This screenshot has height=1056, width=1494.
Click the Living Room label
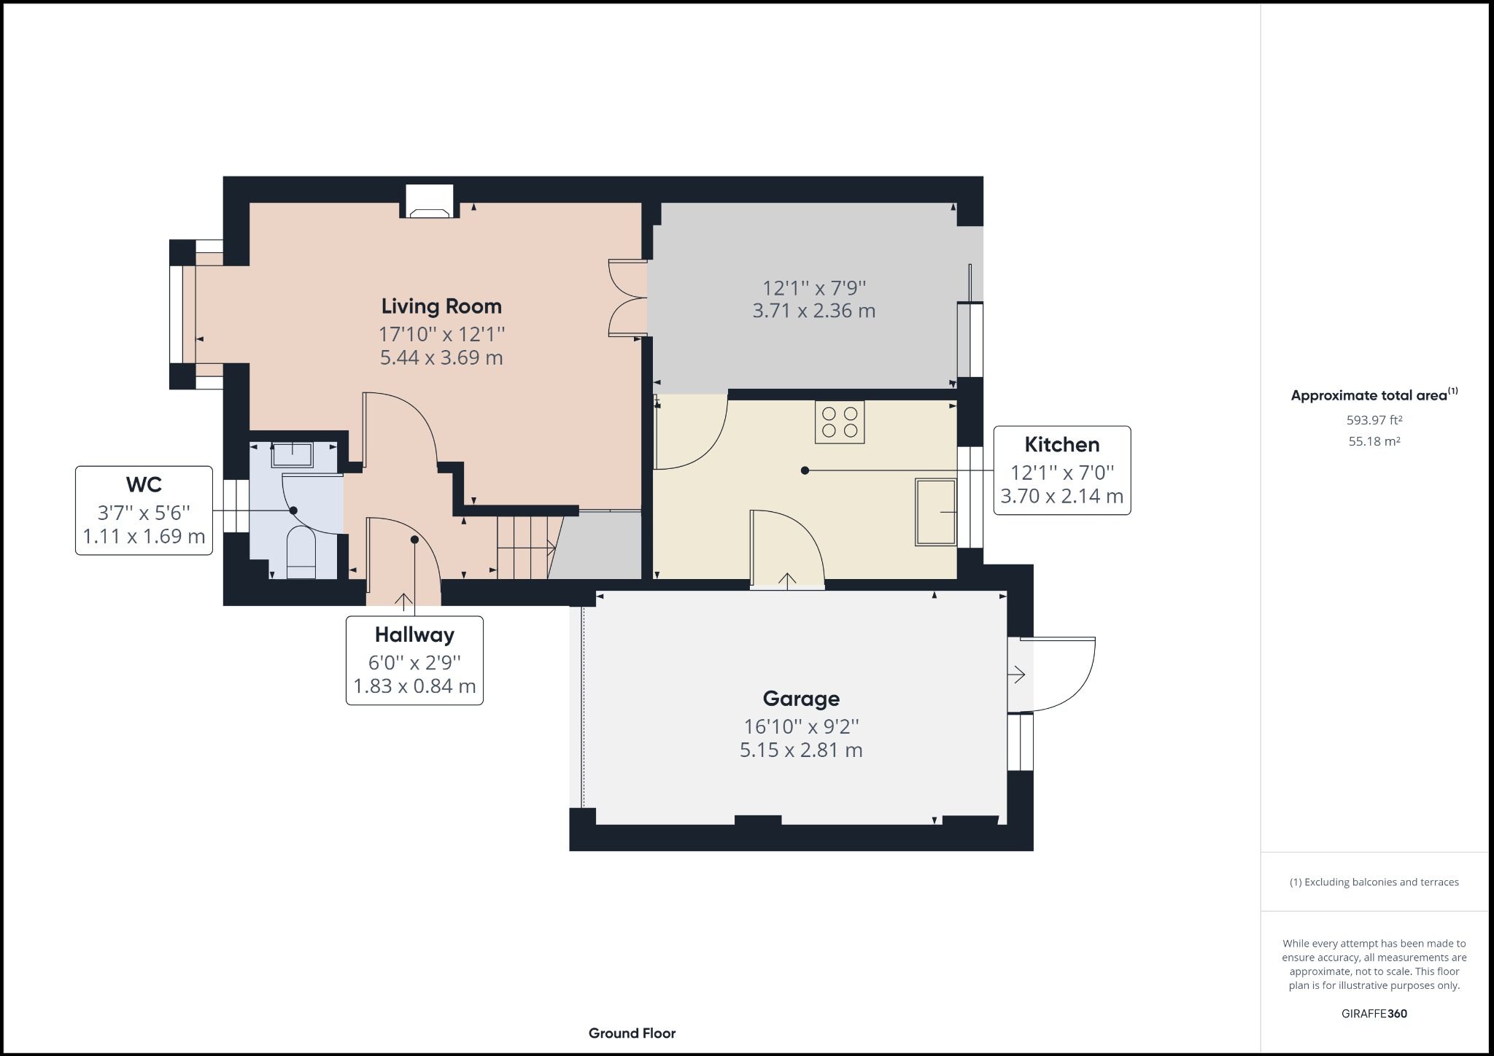[x=441, y=306]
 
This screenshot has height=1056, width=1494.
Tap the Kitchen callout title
[x=1061, y=445]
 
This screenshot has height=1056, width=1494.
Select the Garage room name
[x=801, y=699]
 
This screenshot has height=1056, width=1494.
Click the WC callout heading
[x=144, y=485]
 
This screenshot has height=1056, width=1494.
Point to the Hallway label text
[x=414, y=635]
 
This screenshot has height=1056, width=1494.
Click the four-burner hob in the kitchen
[x=840, y=422]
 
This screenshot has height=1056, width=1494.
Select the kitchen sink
[x=936, y=512]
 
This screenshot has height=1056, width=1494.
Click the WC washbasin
[x=293, y=454]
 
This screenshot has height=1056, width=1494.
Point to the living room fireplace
[x=429, y=203]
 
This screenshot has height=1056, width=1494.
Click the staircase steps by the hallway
[x=523, y=547]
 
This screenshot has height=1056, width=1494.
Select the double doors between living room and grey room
[x=627, y=298]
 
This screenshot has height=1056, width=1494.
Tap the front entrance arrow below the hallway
[x=403, y=600]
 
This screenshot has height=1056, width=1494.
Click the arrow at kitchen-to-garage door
[x=787, y=581]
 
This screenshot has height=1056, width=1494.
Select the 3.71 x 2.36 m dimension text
[x=813, y=311]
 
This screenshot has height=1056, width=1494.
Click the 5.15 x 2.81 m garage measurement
[x=801, y=750]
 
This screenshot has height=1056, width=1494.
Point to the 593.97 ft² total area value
[x=1374, y=420]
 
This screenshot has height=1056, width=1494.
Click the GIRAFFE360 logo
[x=1374, y=1014]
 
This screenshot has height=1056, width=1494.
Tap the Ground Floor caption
[x=632, y=1033]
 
